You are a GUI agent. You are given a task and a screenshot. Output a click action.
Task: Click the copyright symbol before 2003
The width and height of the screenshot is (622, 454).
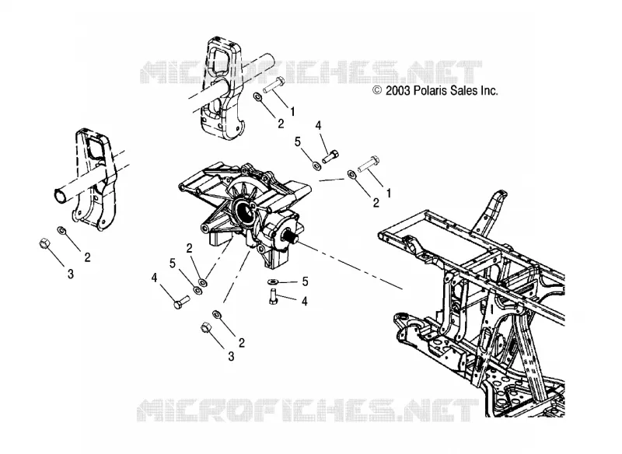(x=377, y=90)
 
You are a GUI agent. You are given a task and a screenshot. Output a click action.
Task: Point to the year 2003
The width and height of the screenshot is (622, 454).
(x=397, y=91)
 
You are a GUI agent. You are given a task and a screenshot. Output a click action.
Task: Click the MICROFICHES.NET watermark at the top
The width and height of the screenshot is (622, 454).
(x=310, y=72)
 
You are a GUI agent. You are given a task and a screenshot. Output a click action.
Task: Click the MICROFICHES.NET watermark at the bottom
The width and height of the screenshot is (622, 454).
(x=308, y=410)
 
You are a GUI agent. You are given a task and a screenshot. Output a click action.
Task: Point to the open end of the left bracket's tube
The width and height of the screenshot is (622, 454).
(x=60, y=195)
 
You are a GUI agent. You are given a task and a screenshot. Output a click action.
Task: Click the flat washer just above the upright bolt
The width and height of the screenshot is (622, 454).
(x=273, y=281)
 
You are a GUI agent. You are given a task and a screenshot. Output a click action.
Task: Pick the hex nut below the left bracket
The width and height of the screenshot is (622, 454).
(x=44, y=243)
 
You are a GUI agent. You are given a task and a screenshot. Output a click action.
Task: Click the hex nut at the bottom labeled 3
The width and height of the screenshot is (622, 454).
(x=205, y=327)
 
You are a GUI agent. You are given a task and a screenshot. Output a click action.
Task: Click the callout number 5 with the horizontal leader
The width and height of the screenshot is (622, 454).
(x=305, y=281)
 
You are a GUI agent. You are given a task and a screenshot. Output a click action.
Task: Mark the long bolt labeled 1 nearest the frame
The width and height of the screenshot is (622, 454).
(x=369, y=164)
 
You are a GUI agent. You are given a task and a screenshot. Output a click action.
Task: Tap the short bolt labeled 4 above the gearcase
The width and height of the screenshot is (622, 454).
(x=330, y=156)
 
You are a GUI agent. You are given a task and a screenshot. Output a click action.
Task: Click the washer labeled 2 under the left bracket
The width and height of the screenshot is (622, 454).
(x=62, y=230)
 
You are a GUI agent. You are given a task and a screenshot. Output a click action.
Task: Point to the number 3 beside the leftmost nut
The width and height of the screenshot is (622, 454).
(x=71, y=273)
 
